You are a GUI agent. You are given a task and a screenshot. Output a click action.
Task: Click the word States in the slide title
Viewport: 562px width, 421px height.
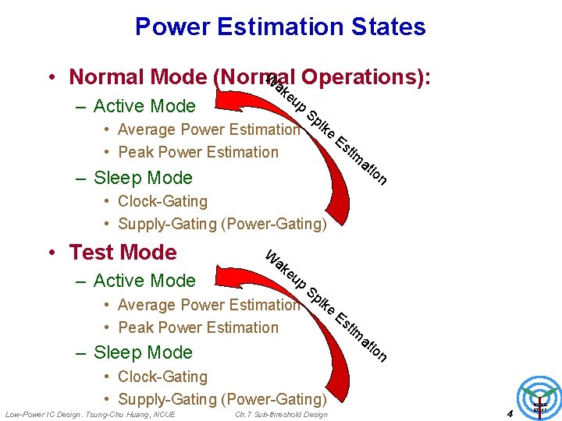[383, 27]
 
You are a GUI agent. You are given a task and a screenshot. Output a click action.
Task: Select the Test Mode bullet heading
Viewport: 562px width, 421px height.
[123, 253]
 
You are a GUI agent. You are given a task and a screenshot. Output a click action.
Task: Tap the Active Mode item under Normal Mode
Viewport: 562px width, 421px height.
[144, 106]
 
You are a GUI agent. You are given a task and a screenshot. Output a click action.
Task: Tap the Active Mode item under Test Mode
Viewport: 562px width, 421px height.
[144, 281]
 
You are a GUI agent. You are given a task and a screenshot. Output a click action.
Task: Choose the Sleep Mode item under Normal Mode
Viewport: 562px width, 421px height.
[143, 178]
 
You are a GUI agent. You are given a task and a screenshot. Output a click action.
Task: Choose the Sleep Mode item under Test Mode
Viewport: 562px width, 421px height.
[143, 352]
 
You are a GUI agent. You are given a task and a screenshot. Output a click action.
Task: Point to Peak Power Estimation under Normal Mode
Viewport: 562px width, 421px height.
[197, 152]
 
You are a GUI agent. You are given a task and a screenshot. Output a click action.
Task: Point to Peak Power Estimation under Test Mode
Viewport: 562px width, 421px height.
[197, 327]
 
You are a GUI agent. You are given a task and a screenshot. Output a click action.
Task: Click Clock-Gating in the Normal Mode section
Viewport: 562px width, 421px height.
[162, 201]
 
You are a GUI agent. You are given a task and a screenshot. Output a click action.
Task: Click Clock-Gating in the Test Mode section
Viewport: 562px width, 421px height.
[162, 377]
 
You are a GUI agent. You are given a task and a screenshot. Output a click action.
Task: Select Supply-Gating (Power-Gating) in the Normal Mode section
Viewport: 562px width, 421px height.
[222, 224]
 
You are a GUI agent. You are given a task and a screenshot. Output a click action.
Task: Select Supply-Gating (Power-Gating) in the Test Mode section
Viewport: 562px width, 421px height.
[222, 399]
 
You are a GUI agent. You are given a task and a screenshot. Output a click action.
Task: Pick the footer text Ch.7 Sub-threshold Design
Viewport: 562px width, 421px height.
[281, 413]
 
